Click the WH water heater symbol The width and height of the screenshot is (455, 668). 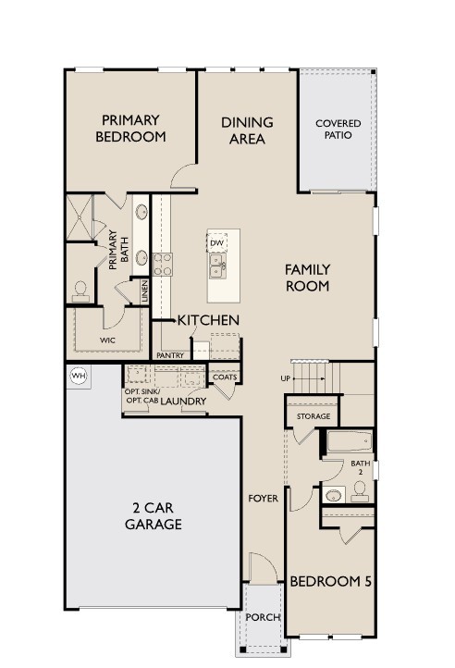coord(78,376)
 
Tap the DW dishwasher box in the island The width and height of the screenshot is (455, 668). coord(217,243)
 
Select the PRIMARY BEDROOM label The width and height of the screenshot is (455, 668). coord(130,128)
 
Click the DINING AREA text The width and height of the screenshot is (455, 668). coord(247,130)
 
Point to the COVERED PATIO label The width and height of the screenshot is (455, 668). coord(338,130)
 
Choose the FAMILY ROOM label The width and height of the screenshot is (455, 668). coord(307,278)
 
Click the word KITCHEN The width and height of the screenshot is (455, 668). coord(209,320)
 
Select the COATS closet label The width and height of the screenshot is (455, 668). coord(225,377)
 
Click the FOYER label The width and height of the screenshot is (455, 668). coord(263,499)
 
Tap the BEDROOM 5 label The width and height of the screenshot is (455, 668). coord(330,582)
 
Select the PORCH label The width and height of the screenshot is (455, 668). coord(263,618)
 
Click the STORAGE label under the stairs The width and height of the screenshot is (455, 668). coord(314,417)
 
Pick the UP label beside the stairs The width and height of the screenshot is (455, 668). coord(286,378)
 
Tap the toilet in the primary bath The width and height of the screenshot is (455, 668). coord(80,291)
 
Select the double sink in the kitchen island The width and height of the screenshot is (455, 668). coord(217,266)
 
